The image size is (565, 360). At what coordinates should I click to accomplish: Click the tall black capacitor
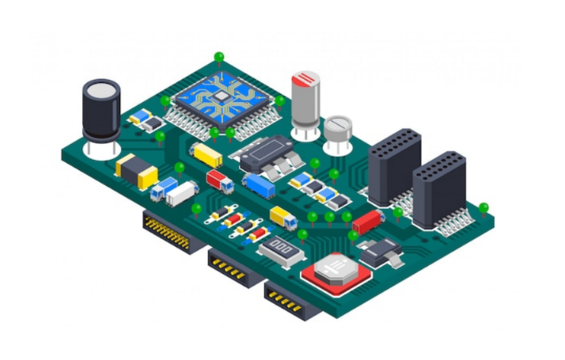[101, 114]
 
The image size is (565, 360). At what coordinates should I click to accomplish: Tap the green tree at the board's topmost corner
[219, 57]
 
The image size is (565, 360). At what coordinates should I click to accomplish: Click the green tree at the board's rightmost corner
[483, 207]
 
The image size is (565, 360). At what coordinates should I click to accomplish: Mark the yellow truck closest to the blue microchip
[206, 155]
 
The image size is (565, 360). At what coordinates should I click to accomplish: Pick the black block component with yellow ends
[136, 170]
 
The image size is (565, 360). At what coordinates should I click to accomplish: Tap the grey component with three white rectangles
[281, 248]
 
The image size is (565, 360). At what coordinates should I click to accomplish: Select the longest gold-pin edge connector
[167, 231]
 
